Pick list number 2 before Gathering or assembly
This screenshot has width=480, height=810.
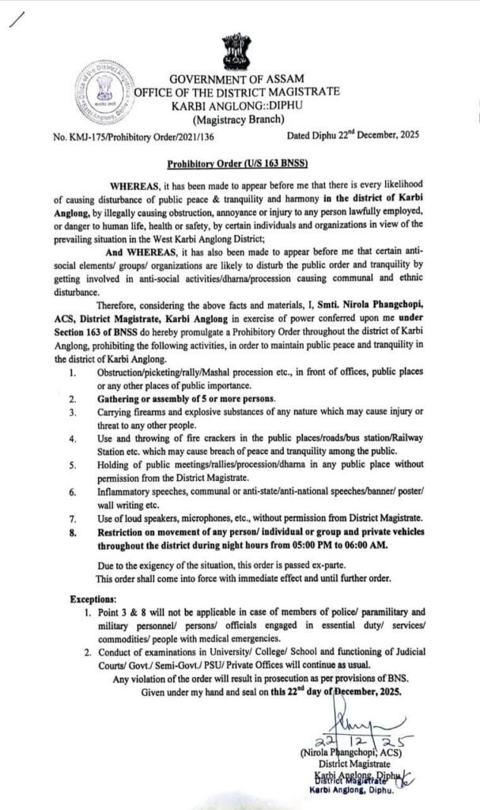click(x=72, y=399)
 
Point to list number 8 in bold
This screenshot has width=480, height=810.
click(x=72, y=532)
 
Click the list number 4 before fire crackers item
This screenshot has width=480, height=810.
click(x=72, y=438)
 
